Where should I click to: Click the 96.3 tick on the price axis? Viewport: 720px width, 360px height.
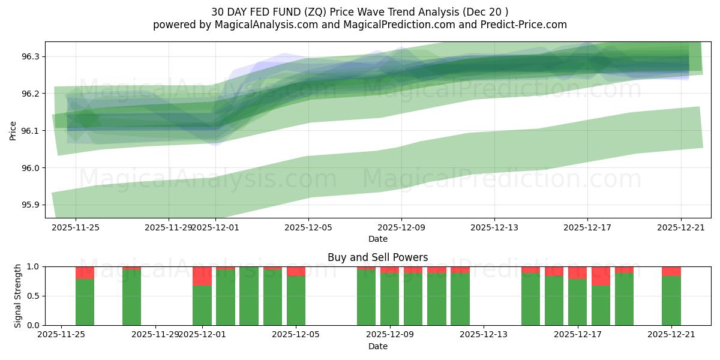click(30, 56)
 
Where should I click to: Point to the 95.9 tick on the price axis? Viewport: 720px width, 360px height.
click(30, 205)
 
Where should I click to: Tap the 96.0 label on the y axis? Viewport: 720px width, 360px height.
click(30, 168)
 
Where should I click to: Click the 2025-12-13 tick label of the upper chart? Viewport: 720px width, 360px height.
click(494, 227)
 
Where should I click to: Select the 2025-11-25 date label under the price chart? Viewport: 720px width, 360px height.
click(76, 227)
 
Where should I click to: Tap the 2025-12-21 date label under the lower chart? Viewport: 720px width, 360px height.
click(671, 335)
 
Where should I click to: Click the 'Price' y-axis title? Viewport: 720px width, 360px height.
click(13, 131)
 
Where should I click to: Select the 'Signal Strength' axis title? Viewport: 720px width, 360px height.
click(18, 296)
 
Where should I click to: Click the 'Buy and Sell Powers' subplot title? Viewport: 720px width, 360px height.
click(377, 257)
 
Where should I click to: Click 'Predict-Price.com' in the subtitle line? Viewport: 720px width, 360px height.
click(529, 25)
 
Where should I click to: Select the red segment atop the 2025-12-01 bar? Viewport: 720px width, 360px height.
click(202, 276)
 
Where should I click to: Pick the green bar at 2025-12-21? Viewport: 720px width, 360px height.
click(671, 301)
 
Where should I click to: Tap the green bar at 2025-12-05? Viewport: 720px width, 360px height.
click(296, 301)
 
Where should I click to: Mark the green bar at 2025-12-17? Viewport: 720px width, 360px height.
click(577, 302)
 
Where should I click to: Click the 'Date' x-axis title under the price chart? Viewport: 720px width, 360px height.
click(377, 239)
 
